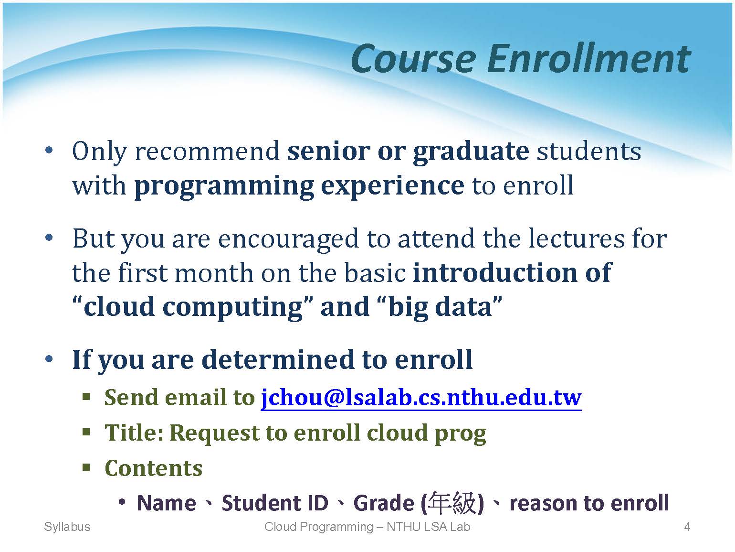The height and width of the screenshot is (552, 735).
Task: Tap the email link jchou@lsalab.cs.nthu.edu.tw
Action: click(x=421, y=398)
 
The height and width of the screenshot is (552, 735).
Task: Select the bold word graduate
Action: click(x=471, y=152)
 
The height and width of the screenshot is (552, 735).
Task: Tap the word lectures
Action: click(x=577, y=239)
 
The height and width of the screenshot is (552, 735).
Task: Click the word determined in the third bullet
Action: click(x=278, y=360)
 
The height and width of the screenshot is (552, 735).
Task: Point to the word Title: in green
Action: click(x=134, y=433)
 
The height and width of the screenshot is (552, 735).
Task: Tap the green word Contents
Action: click(x=153, y=468)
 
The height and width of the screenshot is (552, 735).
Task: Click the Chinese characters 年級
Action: click(x=451, y=503)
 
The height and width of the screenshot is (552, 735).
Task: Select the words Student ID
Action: click(x=275, y=503)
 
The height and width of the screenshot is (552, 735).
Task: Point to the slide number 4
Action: click(x=687, y=527)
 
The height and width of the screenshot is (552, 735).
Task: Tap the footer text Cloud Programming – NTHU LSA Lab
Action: click(x=367, y=527)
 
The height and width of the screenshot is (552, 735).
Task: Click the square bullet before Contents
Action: click(x=86, y=467)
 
